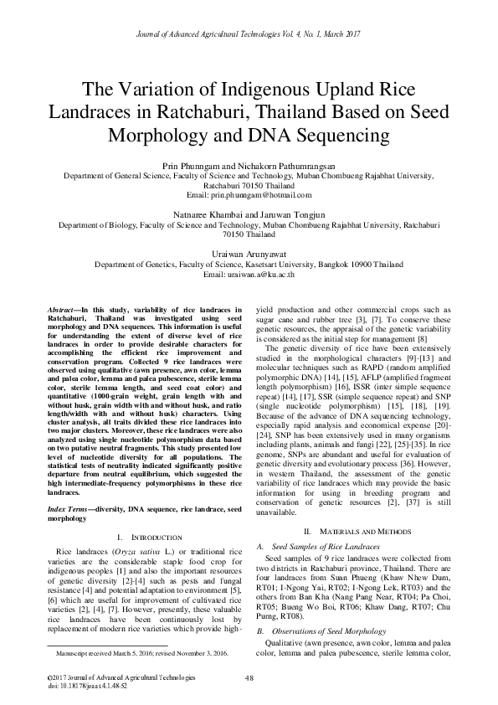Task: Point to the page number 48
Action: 249,678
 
